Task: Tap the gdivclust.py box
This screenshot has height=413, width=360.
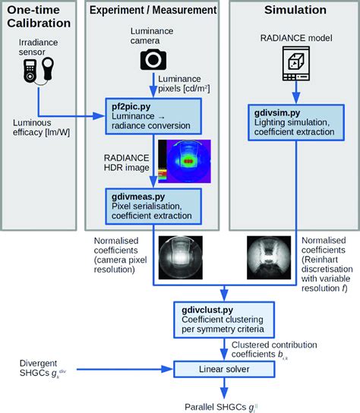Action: pyautogui.click(x=221, y=317)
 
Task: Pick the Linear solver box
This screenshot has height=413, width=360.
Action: pyautogui.click(x=221, y=370)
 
